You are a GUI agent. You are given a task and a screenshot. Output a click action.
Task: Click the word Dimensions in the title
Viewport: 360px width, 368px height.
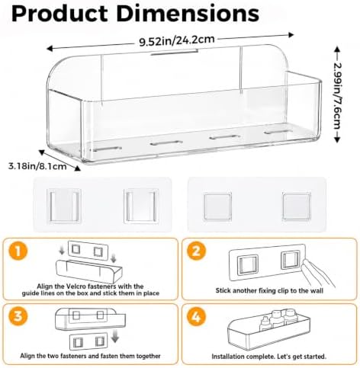coord(188,13)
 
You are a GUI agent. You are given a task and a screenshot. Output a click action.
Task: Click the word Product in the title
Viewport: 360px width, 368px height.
coord(59,13)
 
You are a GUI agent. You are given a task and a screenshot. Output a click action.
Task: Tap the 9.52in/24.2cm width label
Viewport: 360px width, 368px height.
coord(177,40)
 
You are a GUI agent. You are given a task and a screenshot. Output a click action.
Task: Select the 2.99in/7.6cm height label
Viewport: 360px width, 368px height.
coord(337,95)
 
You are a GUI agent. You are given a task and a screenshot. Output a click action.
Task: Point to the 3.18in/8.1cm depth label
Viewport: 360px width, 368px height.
coord(37,166)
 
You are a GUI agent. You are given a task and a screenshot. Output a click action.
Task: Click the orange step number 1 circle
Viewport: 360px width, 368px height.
coord(18,251)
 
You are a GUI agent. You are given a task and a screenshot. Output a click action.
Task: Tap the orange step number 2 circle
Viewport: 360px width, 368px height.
coord(196,251)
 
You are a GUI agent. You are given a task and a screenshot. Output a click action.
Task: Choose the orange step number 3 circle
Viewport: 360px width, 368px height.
coord(18,317)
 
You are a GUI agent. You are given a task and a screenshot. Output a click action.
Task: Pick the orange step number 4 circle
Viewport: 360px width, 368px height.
coord(196,317)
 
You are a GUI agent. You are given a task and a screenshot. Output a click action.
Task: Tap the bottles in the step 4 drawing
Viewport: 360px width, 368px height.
coord(277,319)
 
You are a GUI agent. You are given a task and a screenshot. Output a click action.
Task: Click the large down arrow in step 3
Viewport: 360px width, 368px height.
coord(115,335)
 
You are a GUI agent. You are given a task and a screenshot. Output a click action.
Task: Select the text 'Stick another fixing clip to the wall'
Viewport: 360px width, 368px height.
coord(269,290)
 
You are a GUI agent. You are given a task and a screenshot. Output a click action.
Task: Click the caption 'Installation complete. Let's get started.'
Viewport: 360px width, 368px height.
coord(268,357)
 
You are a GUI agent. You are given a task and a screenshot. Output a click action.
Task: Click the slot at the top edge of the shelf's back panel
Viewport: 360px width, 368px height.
coord(175,52)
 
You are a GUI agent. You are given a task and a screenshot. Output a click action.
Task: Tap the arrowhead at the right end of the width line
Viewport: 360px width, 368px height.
coord(291,35)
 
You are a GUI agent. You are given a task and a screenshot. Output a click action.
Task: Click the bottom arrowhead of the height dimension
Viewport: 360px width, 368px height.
coord(337,139)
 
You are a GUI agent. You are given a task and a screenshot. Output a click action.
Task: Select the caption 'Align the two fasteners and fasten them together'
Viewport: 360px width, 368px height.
coord(90,356)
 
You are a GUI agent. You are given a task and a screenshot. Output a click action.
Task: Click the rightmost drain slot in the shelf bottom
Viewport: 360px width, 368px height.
coord(277,132)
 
